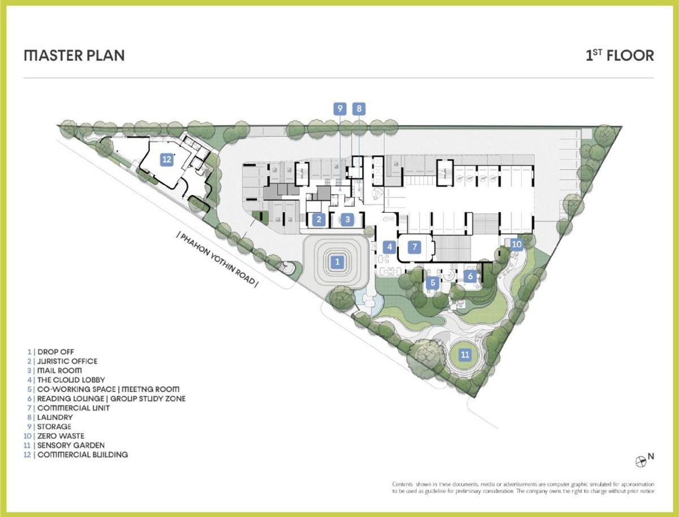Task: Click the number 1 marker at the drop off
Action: point(337,262)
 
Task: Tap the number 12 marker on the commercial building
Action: point(167,160)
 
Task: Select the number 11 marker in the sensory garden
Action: point(465,354)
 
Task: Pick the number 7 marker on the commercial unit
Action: point(415,247)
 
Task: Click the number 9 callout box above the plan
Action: point(340,109)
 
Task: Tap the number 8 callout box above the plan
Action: point(359,109)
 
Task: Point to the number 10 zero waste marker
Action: point(516,244)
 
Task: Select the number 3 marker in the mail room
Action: point(347,219)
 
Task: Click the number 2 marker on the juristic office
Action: point(319,219)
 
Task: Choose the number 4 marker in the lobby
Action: point(389,247)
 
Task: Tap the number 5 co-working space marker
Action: point(433,282)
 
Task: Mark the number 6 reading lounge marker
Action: point(470,276)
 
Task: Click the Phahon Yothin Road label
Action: point(217,260)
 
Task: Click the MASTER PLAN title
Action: point(74,55)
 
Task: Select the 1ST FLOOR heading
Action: point(620,55)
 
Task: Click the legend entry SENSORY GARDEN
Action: point(71,445)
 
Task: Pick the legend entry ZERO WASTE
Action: point(61,436)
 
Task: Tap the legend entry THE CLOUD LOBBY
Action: point(71,380)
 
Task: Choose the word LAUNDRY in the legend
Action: point(55,417)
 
